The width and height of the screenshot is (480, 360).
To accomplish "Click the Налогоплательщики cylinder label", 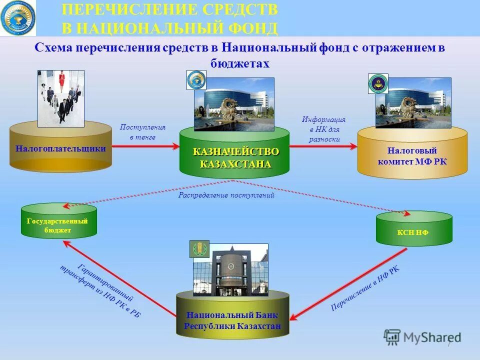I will (x=60, y=148).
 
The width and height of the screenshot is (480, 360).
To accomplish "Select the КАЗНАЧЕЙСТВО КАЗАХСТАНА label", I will (x=235, y=157).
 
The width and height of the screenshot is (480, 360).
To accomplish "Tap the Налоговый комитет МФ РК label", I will (x=412, y=155).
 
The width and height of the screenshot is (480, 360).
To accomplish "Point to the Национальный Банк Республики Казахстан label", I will (x=232, y=320).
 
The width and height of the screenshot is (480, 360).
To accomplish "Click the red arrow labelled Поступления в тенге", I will (x=145, y=146).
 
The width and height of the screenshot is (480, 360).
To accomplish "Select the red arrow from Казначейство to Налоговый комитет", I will (x=323, y=146).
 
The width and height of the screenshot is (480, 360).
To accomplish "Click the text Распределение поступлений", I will (x=226, y=195).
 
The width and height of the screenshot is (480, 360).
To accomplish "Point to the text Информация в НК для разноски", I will (x=324, y=129).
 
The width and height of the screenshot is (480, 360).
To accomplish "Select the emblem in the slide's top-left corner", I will (x=18, y=17).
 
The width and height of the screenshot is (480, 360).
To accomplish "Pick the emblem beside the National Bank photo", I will (x=199, y=248).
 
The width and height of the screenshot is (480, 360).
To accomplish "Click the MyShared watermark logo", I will (x=422, y=337).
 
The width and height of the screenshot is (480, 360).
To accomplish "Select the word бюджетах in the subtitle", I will (x=239, y=63).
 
